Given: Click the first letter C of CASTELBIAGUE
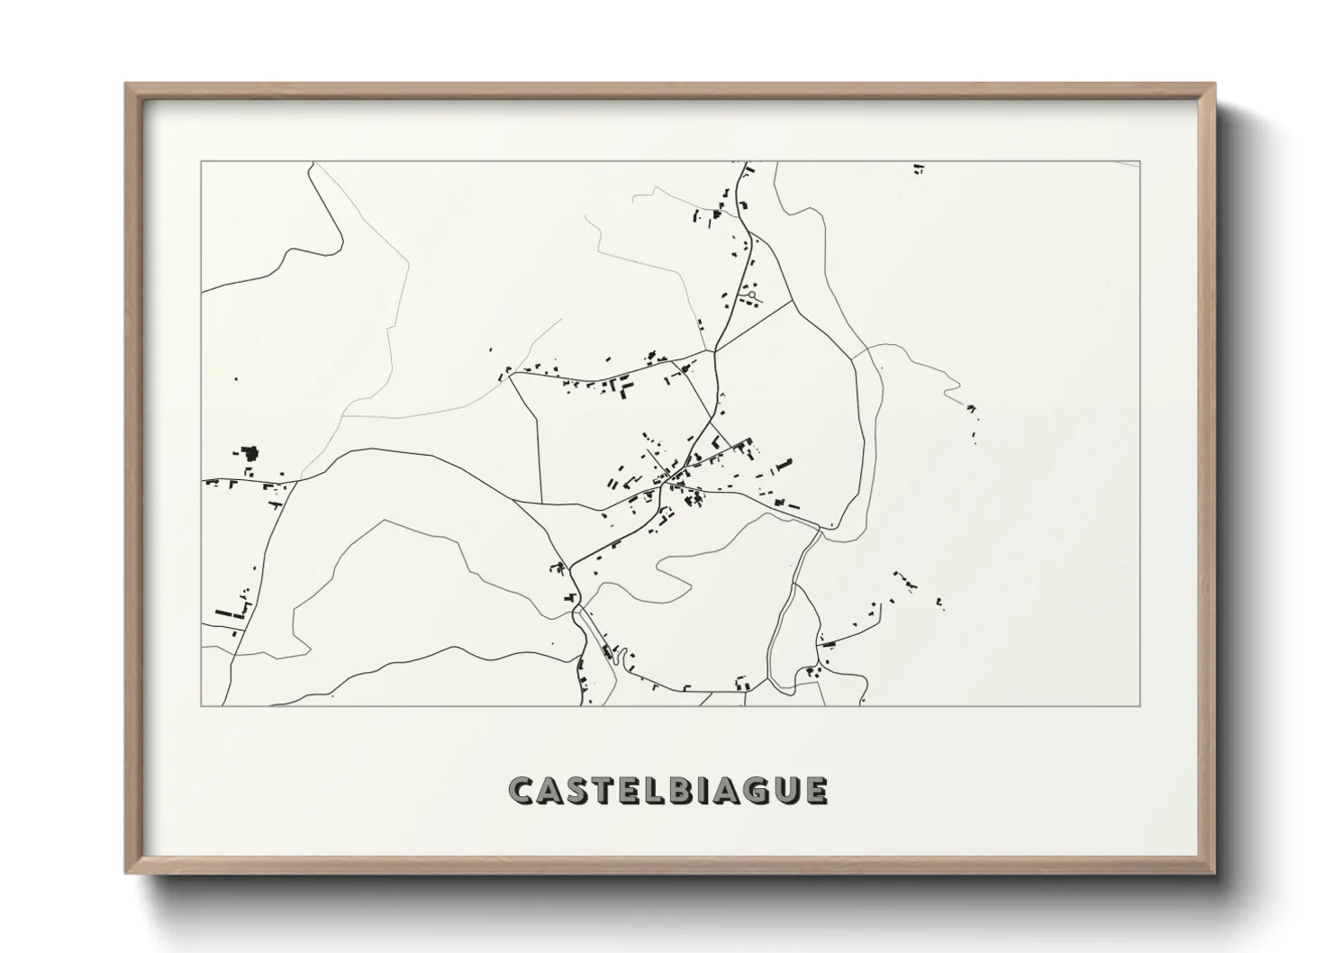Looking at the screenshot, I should pyautogui.click(x=522, y=790).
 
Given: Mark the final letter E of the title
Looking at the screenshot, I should pyautogui.click(x=815, y=790).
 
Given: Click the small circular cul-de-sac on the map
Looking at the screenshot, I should pyautogui.click(x=751, y=294).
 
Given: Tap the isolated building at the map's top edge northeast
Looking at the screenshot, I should pyautogui.click(x=918, y=168).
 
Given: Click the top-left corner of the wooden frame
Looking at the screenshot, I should pyautogui.click(x=127, y=85).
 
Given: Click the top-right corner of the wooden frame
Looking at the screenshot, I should pyautogui.click(x=1213, y=85).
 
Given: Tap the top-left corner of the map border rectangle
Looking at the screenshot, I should pyautogui.click(x=201, y=162).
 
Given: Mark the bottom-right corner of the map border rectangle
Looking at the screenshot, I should pyautogui.click(x=1139, y=705).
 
